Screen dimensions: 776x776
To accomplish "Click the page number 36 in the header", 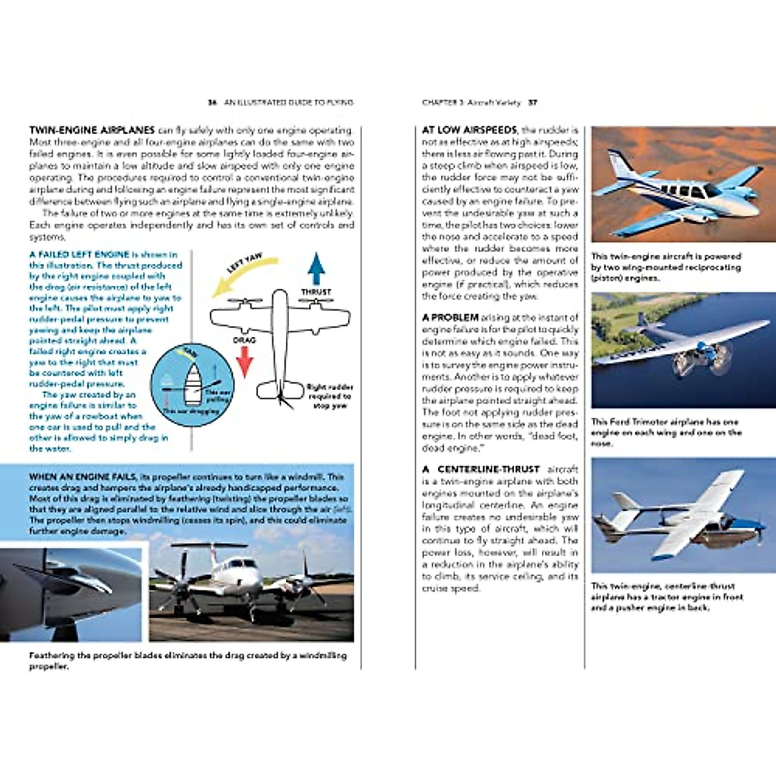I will pos(211,102).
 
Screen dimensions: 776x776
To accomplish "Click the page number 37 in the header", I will pos(533,102).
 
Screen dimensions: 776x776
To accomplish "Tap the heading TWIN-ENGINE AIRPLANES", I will pos(92,130).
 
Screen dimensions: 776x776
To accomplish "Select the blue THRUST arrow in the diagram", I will pos(316,268).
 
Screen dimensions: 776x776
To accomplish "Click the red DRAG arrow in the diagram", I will pos(244,361).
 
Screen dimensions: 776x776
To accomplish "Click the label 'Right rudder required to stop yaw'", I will pos(329,396).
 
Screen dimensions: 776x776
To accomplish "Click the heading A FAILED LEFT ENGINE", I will pos(80,255).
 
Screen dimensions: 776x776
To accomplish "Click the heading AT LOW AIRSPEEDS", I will pos(469,130).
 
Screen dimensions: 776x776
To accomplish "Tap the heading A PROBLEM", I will pos(450,318).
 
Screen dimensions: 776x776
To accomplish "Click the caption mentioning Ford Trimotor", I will pos(666,432).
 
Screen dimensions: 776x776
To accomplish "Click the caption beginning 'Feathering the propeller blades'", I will pos(188,660).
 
